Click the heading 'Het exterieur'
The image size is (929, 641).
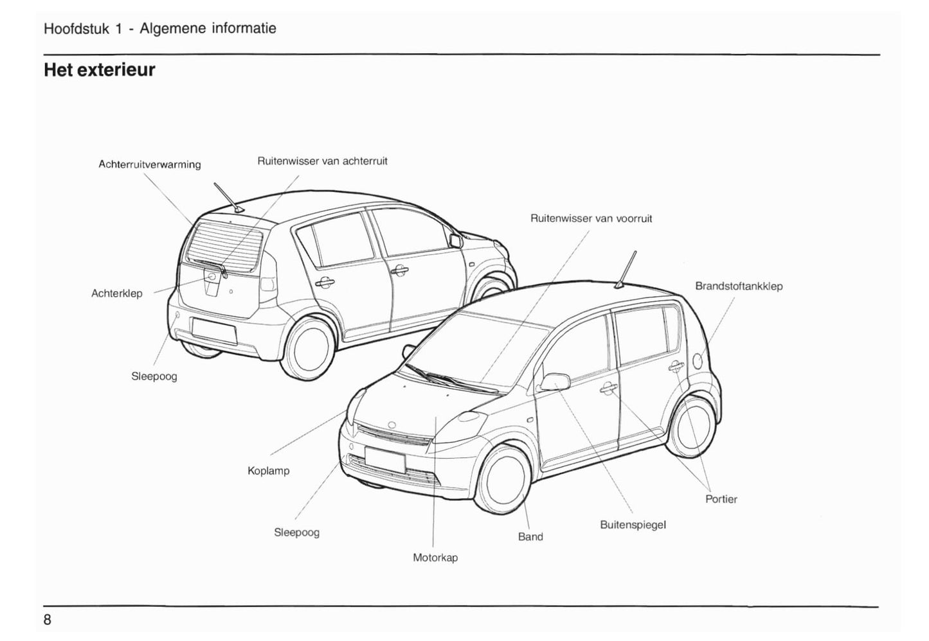99,69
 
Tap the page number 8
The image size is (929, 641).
48,620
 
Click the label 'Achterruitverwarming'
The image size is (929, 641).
149,164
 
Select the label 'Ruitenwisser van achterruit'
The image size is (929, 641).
322,161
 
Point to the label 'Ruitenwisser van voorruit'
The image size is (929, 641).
591,218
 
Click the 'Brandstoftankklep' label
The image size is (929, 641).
739,286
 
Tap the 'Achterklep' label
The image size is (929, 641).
116,294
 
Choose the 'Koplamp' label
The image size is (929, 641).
268,471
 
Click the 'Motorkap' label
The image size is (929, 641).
435,558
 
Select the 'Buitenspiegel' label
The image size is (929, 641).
633,525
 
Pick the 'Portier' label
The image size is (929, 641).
721,499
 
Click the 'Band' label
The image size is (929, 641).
530,537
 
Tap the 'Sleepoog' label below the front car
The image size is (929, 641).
296,532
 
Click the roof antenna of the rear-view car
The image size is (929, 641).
228,197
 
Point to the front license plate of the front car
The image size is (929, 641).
384,459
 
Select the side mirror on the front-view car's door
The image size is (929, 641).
554,382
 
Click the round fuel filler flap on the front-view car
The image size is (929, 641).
699,360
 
